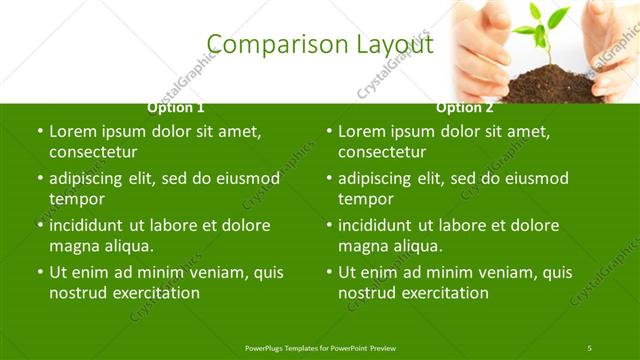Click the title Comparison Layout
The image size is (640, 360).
320,44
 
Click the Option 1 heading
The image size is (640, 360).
176,107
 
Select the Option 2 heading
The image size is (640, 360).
465,107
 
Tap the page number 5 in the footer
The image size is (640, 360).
589,347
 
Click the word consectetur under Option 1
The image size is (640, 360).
93,152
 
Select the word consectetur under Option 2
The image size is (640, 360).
382,152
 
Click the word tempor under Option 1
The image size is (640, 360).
77,199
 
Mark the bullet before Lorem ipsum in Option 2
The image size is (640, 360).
328,131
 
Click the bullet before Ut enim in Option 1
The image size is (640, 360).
39,272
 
